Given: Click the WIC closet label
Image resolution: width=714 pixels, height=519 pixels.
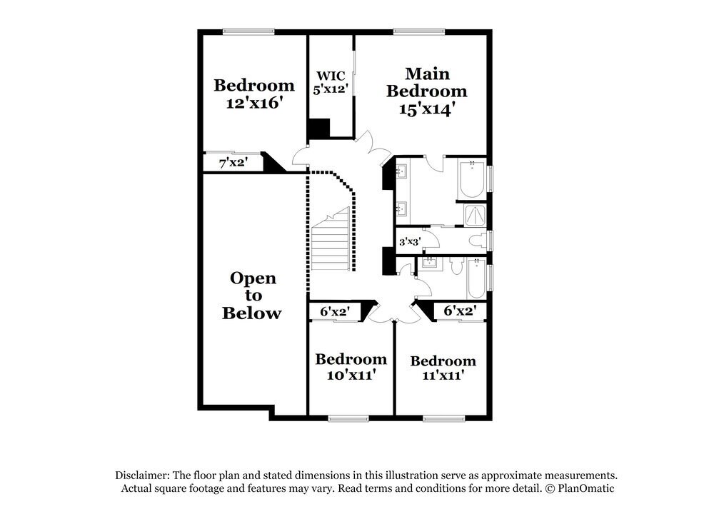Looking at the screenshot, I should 330,76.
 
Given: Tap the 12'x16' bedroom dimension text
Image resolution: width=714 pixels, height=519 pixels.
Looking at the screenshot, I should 253,103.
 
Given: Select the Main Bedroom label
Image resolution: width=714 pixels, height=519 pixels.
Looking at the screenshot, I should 427,82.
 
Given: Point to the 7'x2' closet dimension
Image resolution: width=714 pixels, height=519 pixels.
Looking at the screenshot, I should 233,163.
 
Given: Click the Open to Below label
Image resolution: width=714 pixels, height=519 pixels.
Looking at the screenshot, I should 252,296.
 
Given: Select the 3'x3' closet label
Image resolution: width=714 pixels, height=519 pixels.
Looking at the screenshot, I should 408,241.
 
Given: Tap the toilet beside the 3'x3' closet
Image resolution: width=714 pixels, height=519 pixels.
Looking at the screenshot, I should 477,240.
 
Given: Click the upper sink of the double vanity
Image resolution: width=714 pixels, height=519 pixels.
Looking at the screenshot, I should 401,171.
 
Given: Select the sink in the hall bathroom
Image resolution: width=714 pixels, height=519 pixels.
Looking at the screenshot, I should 430,265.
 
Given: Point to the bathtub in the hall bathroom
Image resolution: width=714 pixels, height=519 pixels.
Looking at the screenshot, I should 476,281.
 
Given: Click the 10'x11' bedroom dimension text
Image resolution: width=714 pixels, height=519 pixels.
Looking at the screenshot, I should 351,374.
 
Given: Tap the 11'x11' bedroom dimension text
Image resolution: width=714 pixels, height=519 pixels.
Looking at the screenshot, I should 443,376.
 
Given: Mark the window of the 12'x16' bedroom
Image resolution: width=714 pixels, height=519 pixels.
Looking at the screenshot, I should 248,31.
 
